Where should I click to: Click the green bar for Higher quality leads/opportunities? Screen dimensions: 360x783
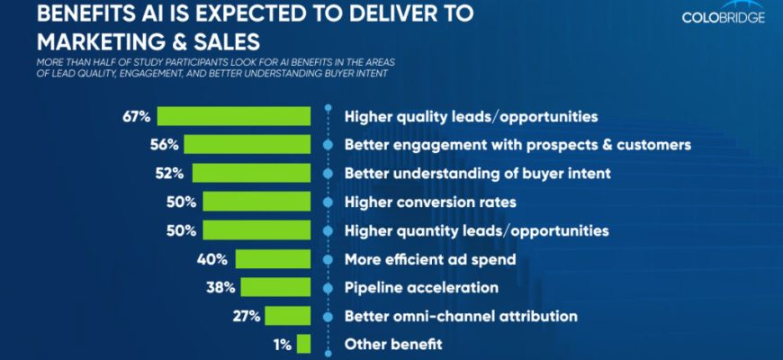234,116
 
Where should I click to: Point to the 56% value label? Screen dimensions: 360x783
164,144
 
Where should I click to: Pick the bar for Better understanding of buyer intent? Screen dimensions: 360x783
251,173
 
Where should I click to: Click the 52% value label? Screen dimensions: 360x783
174,173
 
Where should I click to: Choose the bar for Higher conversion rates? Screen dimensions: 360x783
256,202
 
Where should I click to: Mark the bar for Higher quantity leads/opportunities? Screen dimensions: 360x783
256,230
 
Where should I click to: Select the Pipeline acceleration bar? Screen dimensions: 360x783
275,288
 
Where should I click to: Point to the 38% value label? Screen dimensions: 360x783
220,288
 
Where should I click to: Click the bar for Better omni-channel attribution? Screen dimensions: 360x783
287,316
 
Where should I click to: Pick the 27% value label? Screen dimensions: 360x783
245,316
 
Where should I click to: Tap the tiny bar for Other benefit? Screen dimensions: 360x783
303,344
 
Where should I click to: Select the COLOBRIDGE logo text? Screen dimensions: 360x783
724,17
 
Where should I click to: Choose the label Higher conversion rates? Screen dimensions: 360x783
430,202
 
